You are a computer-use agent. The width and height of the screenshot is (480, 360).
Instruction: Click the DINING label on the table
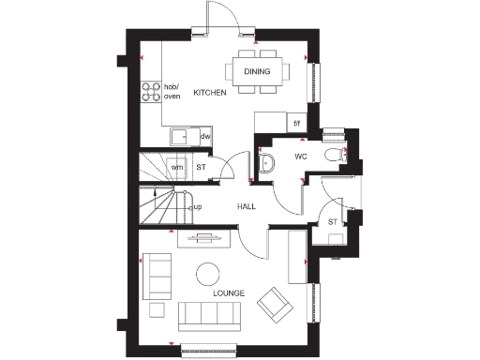257,71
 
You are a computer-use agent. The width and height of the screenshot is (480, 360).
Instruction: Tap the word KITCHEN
210,93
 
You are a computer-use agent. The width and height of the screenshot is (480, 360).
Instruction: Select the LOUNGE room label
228,293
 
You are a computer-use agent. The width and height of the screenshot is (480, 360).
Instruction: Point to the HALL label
247,206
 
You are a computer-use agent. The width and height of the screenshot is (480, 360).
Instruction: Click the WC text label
302,157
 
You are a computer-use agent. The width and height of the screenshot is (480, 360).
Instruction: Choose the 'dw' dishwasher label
204,137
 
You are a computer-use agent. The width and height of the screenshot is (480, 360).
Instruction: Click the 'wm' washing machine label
176,168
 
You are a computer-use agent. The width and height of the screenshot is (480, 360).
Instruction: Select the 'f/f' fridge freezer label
297,123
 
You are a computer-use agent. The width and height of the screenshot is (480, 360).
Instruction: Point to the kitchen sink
178,137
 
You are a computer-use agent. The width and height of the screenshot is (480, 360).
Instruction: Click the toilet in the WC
331,156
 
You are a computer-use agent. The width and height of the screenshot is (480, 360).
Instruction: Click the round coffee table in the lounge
206,274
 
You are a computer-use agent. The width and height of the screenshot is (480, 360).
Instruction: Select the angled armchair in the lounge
276,303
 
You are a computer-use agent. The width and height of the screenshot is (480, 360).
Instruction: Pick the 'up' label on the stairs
198,206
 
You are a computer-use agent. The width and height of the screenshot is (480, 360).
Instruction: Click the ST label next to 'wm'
201,168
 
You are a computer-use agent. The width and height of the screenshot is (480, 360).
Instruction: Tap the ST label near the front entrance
333,222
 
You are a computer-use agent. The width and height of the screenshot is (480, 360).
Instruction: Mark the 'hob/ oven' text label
172,91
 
